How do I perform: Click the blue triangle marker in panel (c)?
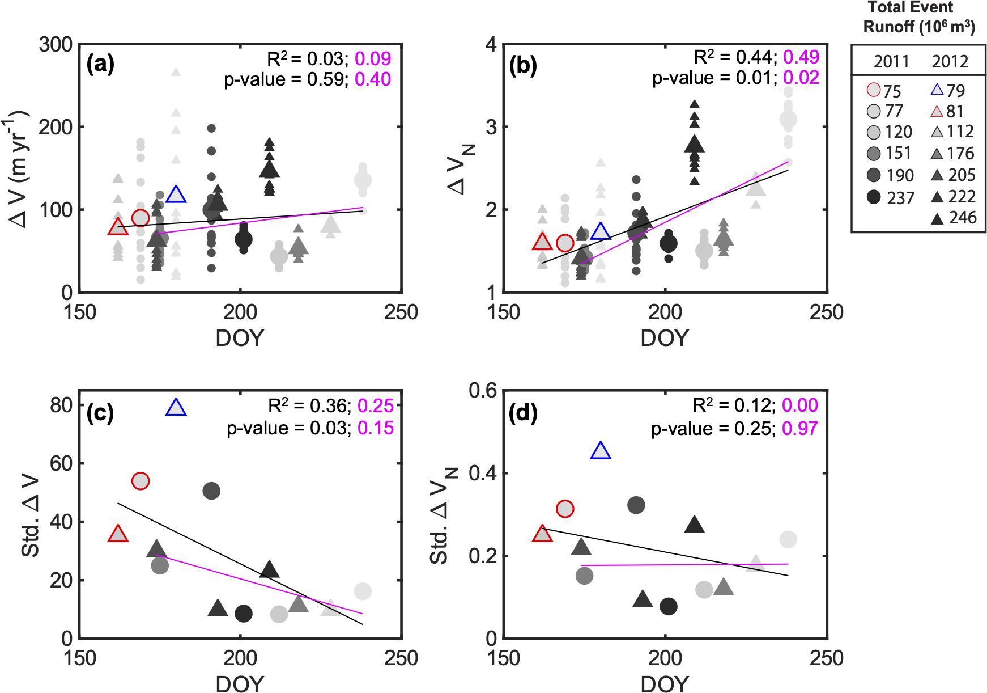pos(176,408)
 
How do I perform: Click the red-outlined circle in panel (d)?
pos(565,509)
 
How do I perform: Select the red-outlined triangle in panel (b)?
pos(542,242)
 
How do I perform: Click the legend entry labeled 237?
pos(891,197)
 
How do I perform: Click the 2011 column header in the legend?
pos(891,61)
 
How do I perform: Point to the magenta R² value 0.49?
pos(801,57)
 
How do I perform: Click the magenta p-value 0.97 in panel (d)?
pos(799,428)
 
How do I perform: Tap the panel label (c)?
pos(100,413)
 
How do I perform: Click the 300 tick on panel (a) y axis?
pos(56,44)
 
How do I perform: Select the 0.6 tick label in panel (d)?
pos(482,390)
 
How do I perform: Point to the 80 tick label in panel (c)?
pos(61,405)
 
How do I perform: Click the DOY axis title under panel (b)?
pos(665,337)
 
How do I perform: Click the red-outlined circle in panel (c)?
pos(141,481)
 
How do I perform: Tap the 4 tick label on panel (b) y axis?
pos(491,44)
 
